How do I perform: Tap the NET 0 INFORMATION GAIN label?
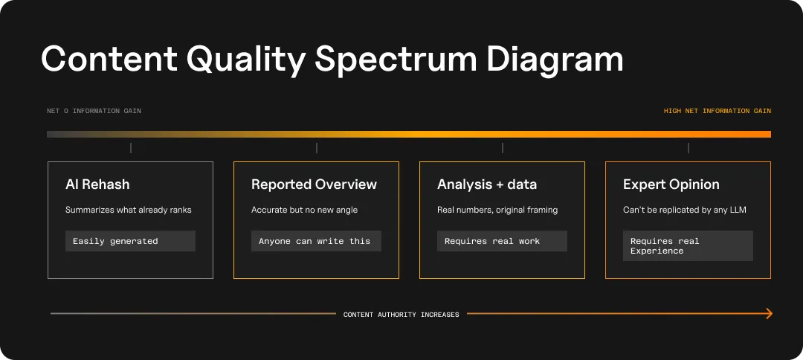(x=94, y=111)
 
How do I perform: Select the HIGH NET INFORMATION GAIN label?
(x=717, y=111)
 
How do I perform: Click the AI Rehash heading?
(x=97, y=184)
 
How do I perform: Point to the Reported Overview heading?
(x=314, y=184)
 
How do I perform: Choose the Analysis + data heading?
(x=486, y=184)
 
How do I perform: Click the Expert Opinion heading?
(x=671, y=184)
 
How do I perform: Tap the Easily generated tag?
(x=115, y=241)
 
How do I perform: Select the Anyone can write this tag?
(x=315, y=241)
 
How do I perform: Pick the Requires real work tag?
(x=492, y=241)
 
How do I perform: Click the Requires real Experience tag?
(x=665, y=246)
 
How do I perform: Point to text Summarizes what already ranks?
(x=128, y=210)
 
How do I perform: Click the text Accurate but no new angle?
(x=304, y=210)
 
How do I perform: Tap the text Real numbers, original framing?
(x=497, y=210)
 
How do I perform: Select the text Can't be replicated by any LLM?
(x=684, y=210)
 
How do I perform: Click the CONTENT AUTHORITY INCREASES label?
(x=401, y=315)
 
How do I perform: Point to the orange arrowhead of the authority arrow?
(x=769, y=314)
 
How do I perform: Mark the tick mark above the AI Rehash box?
(x=131, y=148)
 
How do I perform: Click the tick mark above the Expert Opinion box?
(x=688, y=148)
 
